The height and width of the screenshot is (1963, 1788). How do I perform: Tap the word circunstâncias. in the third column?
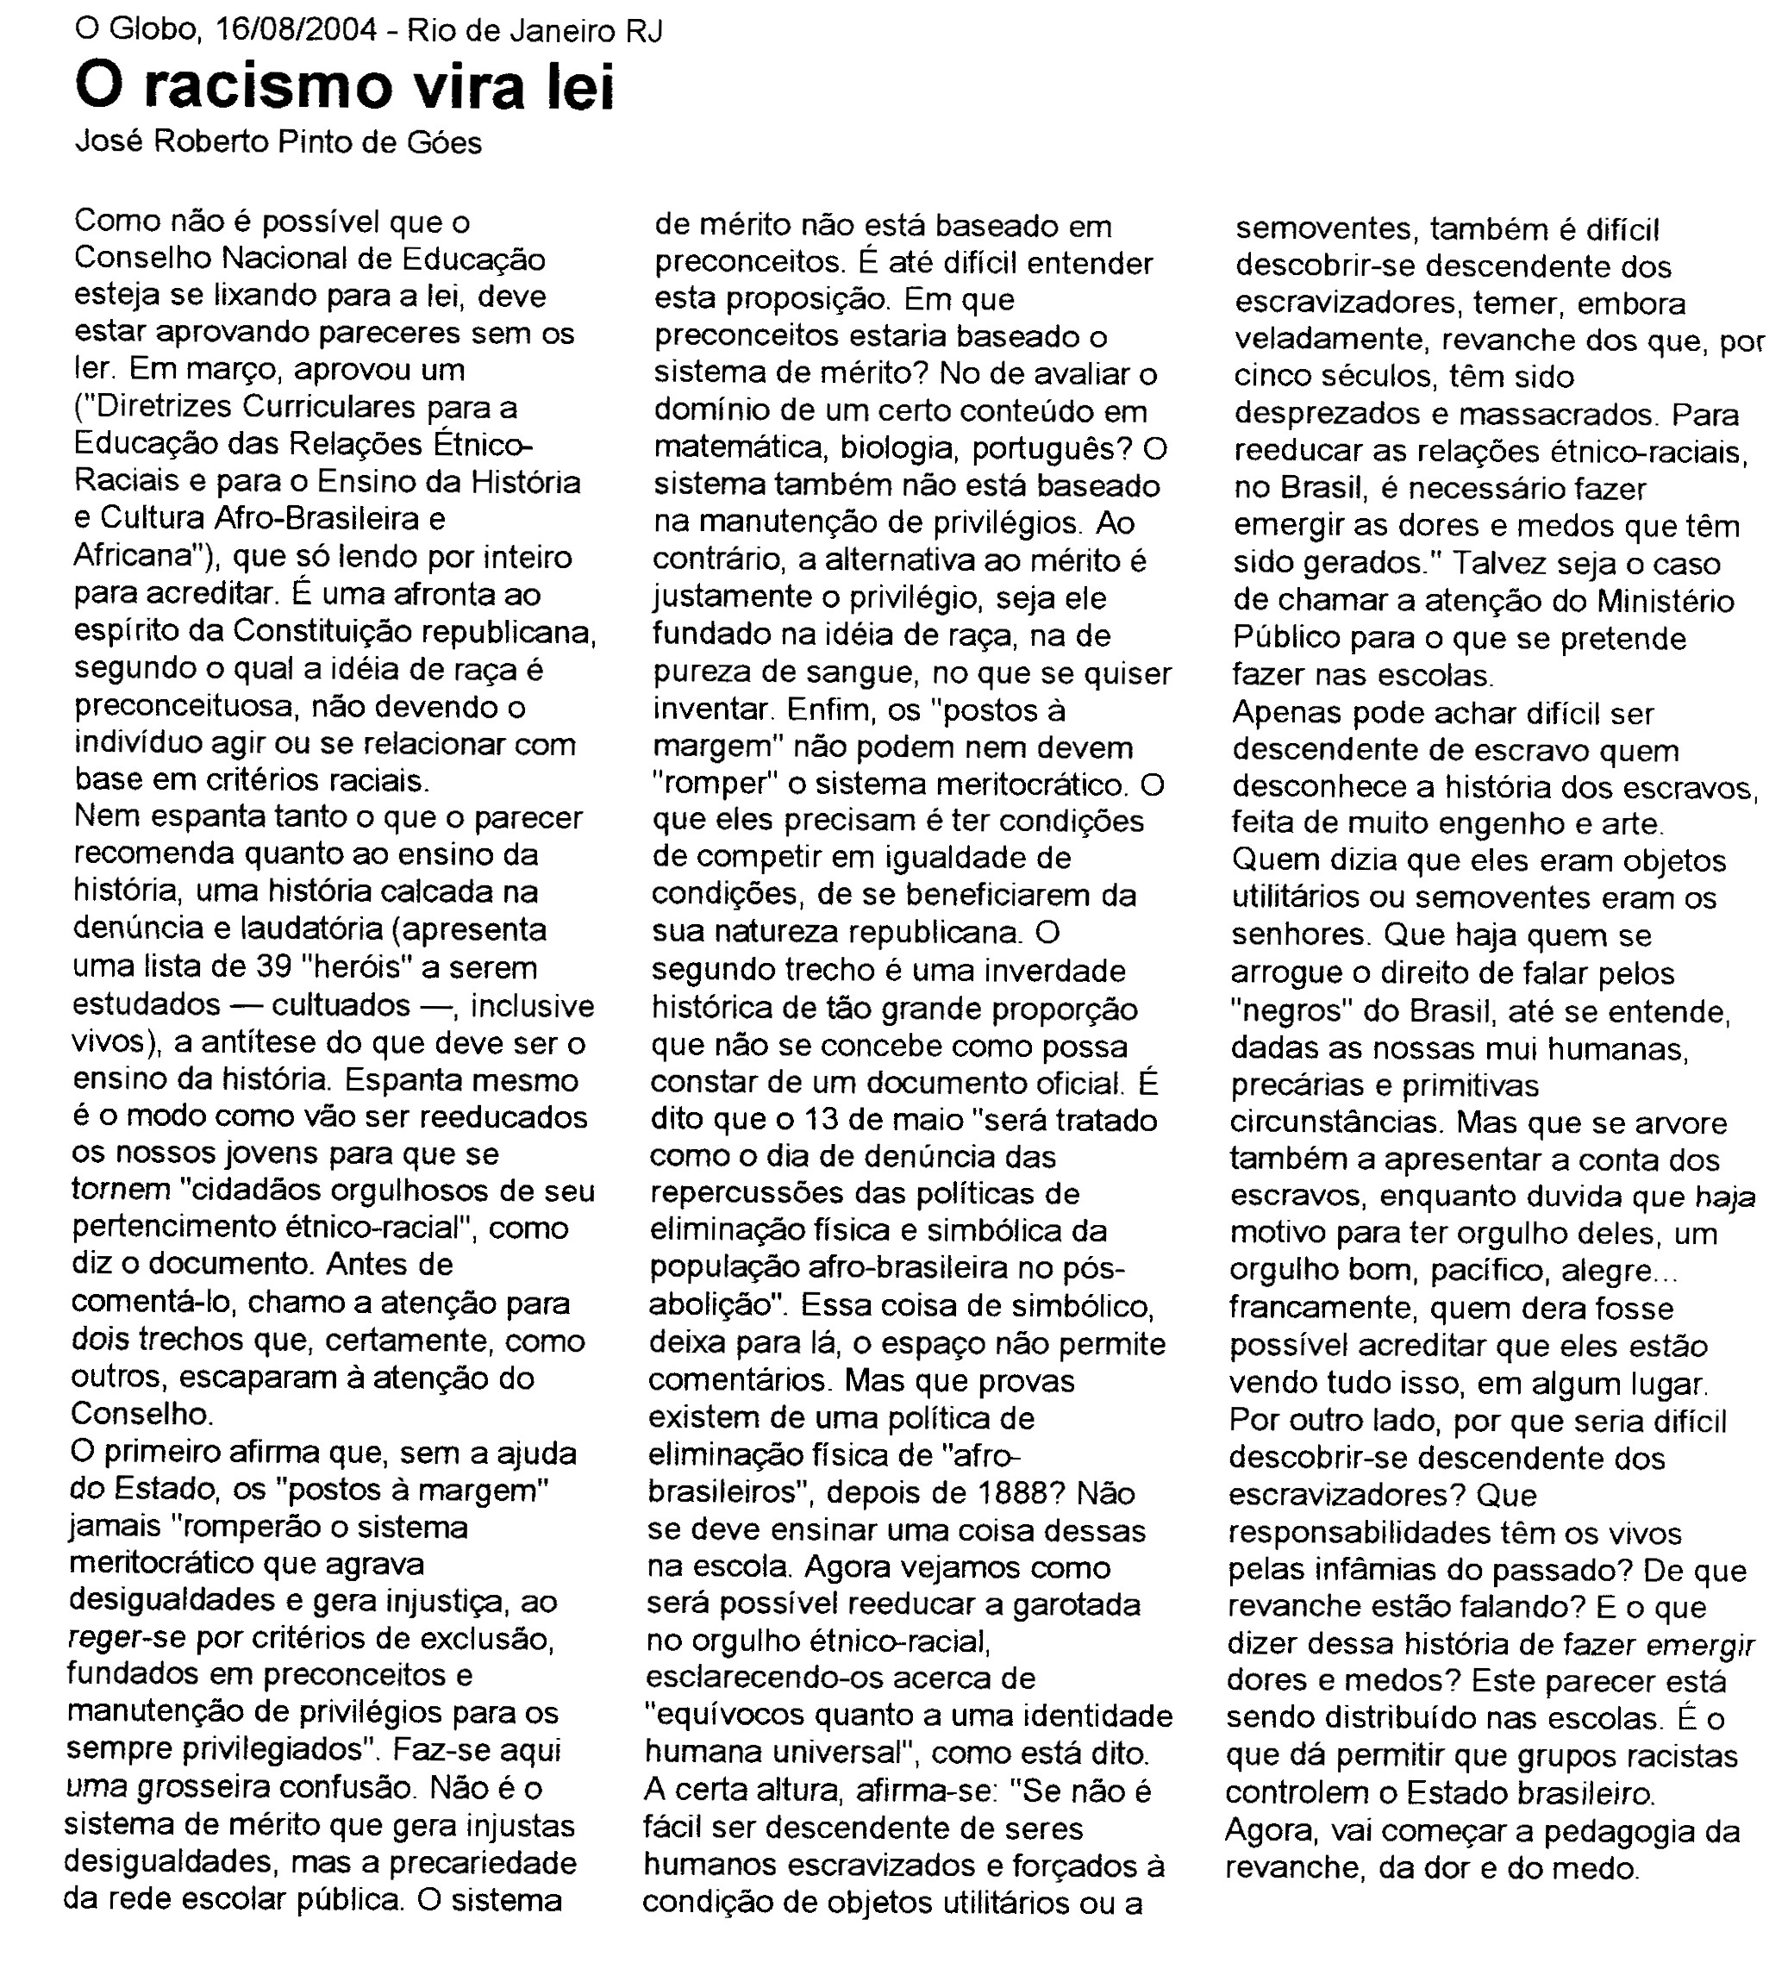coord(1337,1122)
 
